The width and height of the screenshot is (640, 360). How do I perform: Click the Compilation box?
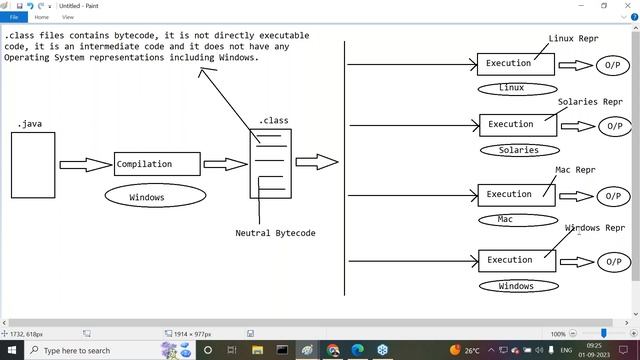pyautogui.click(x=157, y=164)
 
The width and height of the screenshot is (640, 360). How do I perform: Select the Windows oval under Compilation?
pyautogui.click(x=147, y=197)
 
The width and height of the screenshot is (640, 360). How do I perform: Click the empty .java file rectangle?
pyautogui.click(x=33, y=165)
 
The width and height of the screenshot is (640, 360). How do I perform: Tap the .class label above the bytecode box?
pyautogui.click(x=273, y=121)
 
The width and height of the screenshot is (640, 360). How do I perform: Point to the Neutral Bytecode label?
pyautogui.click(x=275, y=233)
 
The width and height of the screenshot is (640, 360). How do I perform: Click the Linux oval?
pyautogui.click(x=511, y=88)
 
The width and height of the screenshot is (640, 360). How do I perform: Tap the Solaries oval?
pyautogui.click(x=518, y=150)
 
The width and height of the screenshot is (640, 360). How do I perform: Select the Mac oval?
pyautogui.click(x=505, y=219)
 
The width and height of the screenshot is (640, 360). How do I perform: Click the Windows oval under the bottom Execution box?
pyautogui.click(x=516, y=286)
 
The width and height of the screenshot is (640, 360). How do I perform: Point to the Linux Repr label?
pyautogui.click(x=575, y=39)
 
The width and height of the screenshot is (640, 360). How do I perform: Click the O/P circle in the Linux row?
pyautogui.click(x=613, y=66)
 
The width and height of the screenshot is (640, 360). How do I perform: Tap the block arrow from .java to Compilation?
pyautogui.click(x=85, y=164)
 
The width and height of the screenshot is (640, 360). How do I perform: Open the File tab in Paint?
pyautogui.click(x=15, y=17)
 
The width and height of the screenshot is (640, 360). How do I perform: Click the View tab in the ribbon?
pyautogui.click(x=68, y=17)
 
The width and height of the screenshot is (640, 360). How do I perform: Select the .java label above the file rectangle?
pyautogui.click(x=29, y=124)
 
